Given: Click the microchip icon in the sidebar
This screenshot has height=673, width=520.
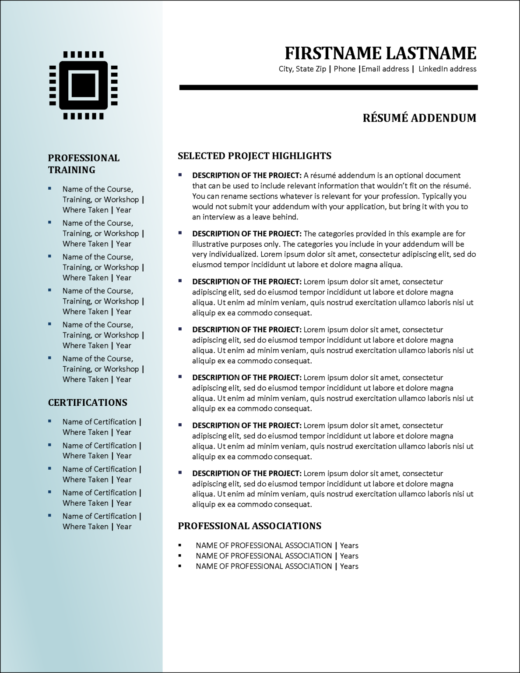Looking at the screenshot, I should [x=83, y=85].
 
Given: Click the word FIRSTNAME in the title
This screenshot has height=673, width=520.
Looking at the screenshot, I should [x=333, y=53].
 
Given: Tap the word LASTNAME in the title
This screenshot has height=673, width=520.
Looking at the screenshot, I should [x=431, y=53].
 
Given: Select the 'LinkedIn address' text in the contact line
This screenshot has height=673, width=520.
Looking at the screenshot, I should [x=447, y=69].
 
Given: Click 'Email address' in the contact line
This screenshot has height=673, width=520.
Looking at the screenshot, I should [x=385, y=69].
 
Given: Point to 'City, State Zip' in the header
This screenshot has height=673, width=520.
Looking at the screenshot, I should [x=302, y=69].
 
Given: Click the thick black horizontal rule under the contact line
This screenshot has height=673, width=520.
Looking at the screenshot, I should [x=328, y=88].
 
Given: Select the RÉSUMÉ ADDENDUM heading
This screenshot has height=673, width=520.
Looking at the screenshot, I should [x=419, y=118].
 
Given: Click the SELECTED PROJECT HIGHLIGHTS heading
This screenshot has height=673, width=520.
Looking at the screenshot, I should [x=254, y=156].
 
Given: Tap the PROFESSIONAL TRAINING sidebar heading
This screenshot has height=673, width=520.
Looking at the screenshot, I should [x=84, y=164].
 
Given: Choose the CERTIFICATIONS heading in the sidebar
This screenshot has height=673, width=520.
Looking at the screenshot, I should [x=88, y=403].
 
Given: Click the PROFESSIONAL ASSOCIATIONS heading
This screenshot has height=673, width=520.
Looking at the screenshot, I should [x=249, y=526].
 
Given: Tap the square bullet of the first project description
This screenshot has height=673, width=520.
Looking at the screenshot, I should [x=180, y=175].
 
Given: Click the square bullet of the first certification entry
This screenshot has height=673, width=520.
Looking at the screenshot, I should [x=50, y=421].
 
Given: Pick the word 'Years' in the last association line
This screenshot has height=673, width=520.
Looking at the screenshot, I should [x=349, y=566].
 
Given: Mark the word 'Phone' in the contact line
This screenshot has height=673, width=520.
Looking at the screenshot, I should [x=344, y=69].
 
